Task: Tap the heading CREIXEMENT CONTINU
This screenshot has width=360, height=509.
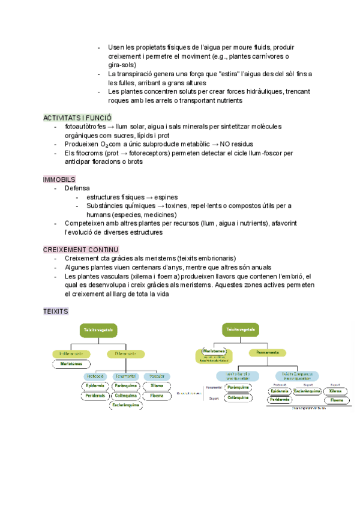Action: pyautogui.click(x=81, y=249)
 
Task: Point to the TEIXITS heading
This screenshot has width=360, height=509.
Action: pyautogui.click(x=56, y=312)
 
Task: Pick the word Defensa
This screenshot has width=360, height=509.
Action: pyautogui.click(x=77, y=188)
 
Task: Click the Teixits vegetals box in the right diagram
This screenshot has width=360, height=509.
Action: pyautogui.click(x=241, y=330)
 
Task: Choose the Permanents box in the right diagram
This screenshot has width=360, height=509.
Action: pyautogui.click(x=268, y=352)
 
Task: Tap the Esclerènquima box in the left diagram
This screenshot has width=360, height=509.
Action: pyautogui.click(x=125, y=405)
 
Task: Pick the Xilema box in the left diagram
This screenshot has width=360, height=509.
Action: pyautogui.click(x=157, y=386)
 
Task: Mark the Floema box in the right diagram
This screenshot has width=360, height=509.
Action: pyautogui.click(x=337, y=400)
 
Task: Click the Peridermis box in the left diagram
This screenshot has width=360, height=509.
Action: pyautogui.click(x=95, y=396)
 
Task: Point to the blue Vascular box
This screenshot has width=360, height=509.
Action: pyautogui.click(x=157, y=376)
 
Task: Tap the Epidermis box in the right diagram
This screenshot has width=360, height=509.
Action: pyautogui.click(x=280, y=391)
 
